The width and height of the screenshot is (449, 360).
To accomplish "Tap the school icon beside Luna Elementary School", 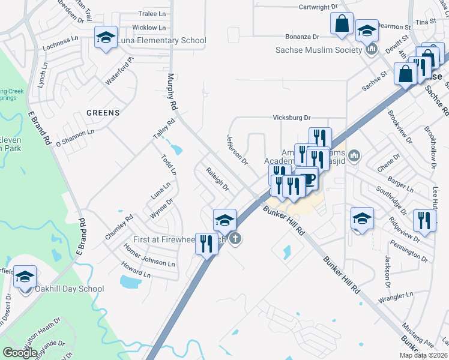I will [x=106, y=38].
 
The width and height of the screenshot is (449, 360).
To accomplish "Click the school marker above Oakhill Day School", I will [x=25, y=277].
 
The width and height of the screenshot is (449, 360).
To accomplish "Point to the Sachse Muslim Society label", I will [x=319, y=49].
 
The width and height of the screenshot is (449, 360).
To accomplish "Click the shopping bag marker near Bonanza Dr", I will [x=341, y=25].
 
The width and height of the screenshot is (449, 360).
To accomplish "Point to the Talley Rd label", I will [x=163, y=129].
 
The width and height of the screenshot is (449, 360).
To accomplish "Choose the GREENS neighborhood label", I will [x=103, y=112].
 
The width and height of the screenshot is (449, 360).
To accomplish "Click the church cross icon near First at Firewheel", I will [x=236, y=239].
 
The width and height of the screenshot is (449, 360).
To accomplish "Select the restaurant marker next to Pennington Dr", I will [x=424, y=220].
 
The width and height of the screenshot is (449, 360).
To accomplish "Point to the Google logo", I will [x=20, y=352].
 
